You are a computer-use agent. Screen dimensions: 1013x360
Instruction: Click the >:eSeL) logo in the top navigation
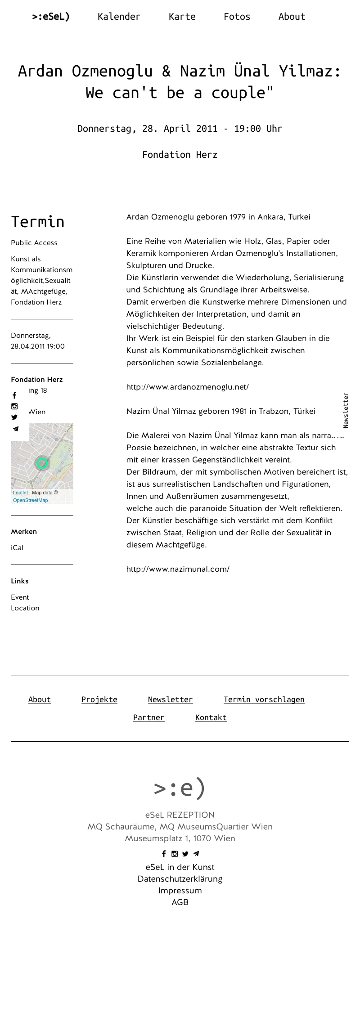pos(51,17)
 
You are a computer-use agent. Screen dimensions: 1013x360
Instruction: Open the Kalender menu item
pos(119,17)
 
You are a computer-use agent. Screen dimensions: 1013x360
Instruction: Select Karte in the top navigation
pos(182,17)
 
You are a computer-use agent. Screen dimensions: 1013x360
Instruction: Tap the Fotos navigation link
pos(237,17)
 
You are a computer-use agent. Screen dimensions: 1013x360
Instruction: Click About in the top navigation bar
pos(292,17)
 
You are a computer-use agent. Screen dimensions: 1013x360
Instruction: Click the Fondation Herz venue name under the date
pos(180,155)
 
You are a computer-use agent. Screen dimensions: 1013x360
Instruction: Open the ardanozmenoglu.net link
pos(187,387)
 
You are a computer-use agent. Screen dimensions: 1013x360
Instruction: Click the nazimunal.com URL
pos(178,569)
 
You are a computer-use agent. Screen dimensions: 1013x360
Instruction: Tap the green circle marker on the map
pos(42,463)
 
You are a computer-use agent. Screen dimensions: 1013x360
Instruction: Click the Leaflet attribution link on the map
pos(20,493)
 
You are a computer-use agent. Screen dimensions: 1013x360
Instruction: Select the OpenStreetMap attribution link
pos(30,500)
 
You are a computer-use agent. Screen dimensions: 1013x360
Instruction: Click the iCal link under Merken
pos(17,548)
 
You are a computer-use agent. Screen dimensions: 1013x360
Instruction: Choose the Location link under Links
pos(25,608)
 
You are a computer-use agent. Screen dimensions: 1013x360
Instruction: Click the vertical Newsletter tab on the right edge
pos(346,410)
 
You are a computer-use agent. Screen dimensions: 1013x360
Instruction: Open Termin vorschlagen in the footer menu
pos(264,699)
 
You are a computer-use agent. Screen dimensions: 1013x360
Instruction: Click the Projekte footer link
pos(99,699)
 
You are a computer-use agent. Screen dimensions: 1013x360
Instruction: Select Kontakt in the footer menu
pos(211,717)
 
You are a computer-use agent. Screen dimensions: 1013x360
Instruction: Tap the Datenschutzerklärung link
pos(180,879)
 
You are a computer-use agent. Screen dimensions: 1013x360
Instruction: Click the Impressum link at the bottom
pos(180,891)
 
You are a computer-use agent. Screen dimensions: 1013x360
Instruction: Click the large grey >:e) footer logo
pos(180,788)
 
